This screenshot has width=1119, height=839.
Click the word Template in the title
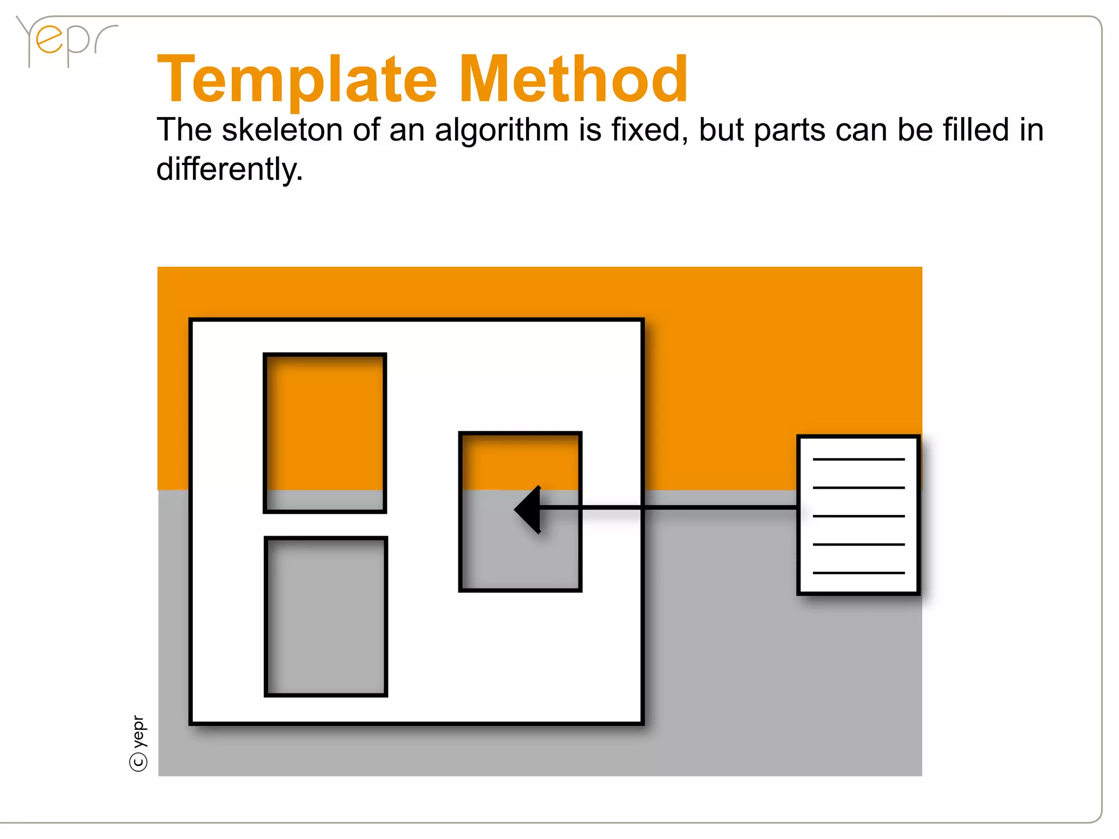point(297,80)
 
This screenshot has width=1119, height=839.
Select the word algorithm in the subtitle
point(502,131)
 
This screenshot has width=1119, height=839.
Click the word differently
point(229,169)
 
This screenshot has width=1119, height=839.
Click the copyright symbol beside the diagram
point(139,761)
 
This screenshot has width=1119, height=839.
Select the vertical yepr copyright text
point(139,731)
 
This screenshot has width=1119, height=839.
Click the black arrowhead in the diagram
point(528,509)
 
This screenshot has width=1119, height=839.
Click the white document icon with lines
point(858,515)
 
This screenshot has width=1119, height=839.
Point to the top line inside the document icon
point(858,460)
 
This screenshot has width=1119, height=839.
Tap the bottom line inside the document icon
point(858,573)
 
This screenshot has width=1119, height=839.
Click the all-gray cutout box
point(326,616)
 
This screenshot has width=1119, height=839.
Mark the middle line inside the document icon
point(858,516)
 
